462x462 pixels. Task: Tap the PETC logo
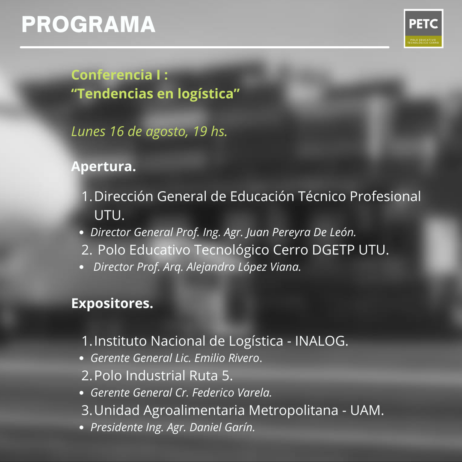pyautogui.click(x=423, y=28)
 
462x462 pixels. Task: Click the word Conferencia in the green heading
pyautogui.click(x=112, y=75)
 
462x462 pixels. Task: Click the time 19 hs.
pyautogui.click(x=210, y=131)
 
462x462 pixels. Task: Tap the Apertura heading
pyautogui.click(x=104, y=166)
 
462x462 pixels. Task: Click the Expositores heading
pyautogui.click(x=112, y=303)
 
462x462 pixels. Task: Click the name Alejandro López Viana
pyautogui.click(x=243, y=267)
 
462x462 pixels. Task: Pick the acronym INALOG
pyautogui.click(x=321, y=341)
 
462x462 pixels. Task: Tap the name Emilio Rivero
pyautogui.click(x=228, y=358)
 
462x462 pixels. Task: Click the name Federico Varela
pyautogui.click(x=232, y=392)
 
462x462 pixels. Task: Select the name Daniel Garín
pyautogui.click(x=222, y=427)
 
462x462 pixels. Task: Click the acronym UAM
pyautogui.click(x=367, y=410)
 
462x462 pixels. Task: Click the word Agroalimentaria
pyautogui.click(x=194, y=410)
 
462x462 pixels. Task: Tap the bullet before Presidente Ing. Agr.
pyautogui.click(x=82, y=427)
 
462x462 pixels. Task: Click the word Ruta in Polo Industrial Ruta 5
pyautogui.click(x=203, y=376)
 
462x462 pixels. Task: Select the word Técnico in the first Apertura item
pyautogui.click(x=322, y=196)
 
